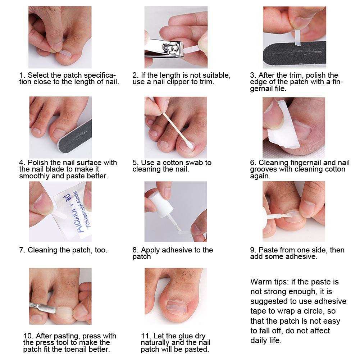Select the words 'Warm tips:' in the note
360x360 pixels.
(x=269, y=282)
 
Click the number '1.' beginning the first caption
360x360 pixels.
(x=22, y=75)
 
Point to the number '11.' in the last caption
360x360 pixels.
(x=146, y=336)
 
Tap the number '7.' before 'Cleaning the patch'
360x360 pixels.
(x=22, y=250)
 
